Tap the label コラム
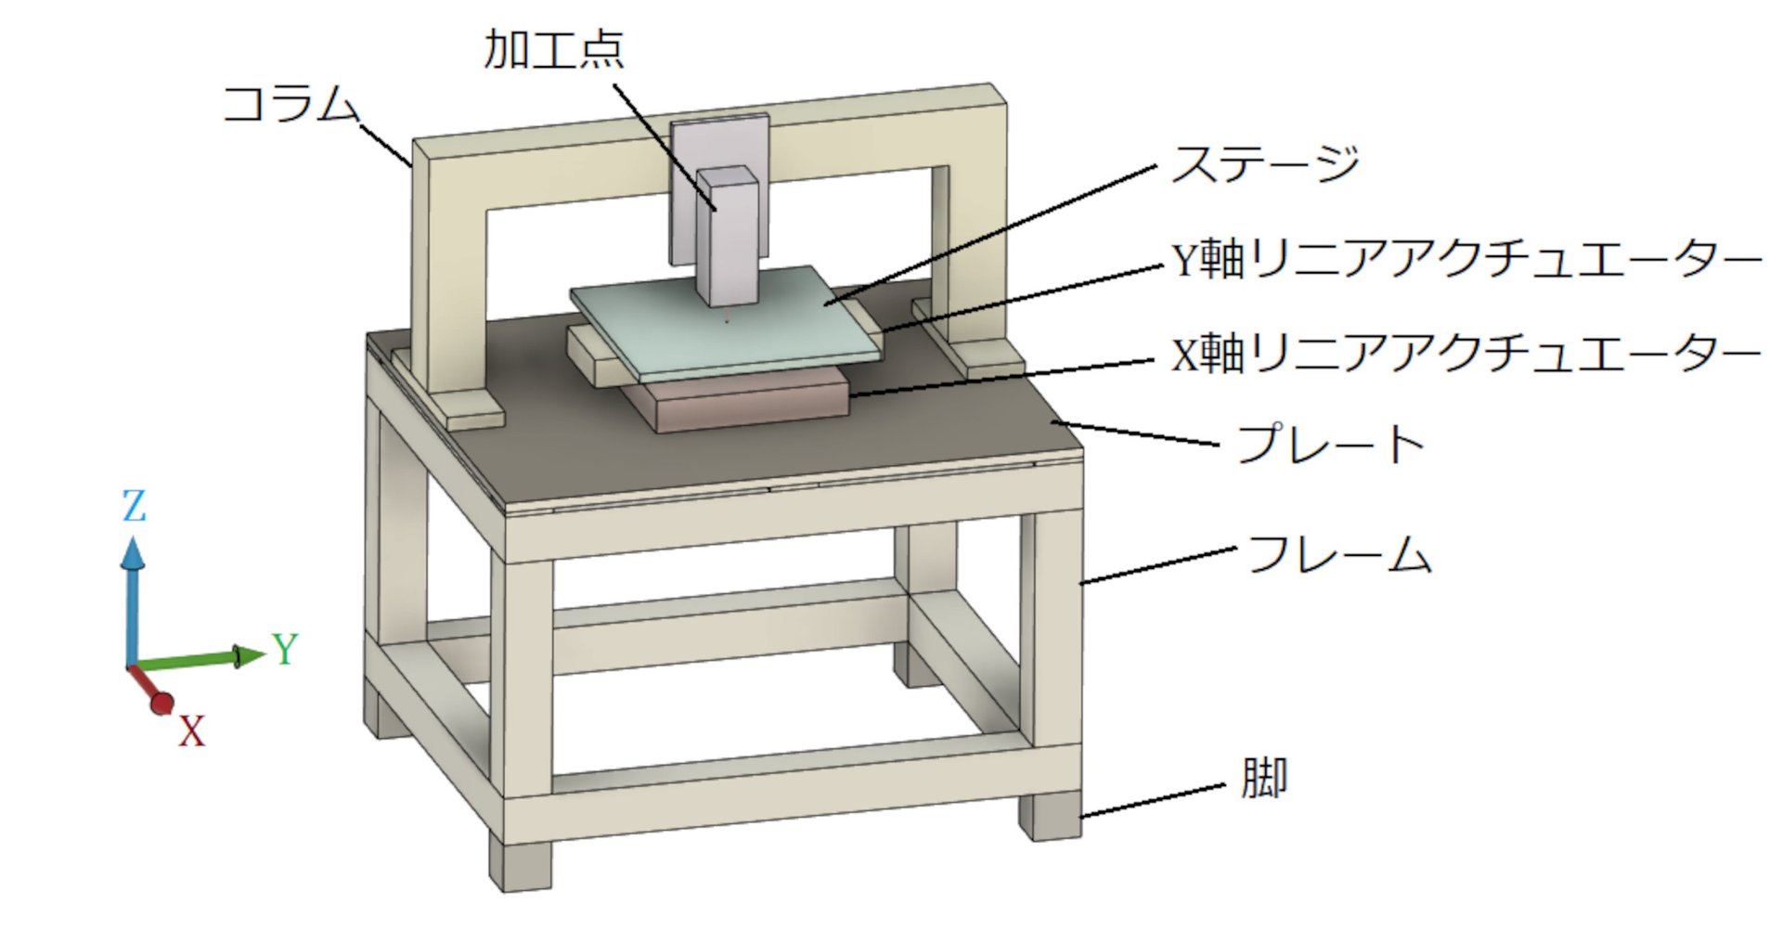pos(291,103)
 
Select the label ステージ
pos(1265,164)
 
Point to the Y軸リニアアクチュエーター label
pos(1466,259)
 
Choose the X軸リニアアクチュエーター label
pos(1466,354)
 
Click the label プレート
pos(1330,445)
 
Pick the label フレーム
pos(1339,554)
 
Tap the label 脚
pos(1264,778)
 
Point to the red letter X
pos(191,731)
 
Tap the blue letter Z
pos(135,507)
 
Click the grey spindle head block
pos(729,237)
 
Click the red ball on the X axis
pos(161,704)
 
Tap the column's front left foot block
pos(473,410)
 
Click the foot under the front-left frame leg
pos(520,865)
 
